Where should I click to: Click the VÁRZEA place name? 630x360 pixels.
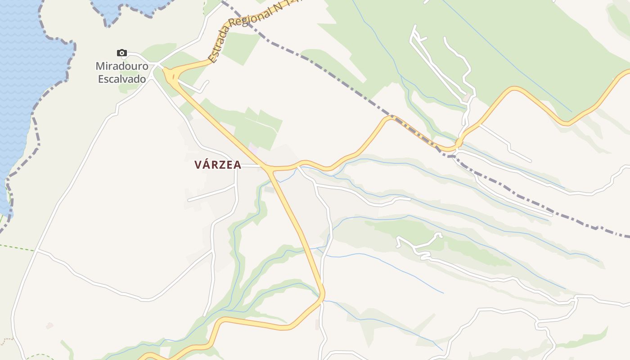218,165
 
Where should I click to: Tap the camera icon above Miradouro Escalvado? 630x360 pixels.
121,53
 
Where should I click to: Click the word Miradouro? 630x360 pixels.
122,66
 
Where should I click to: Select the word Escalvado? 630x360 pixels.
122,79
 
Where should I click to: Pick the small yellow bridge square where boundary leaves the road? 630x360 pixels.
458,143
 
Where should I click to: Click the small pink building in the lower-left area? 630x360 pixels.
49,325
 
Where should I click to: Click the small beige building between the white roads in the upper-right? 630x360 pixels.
467,97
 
